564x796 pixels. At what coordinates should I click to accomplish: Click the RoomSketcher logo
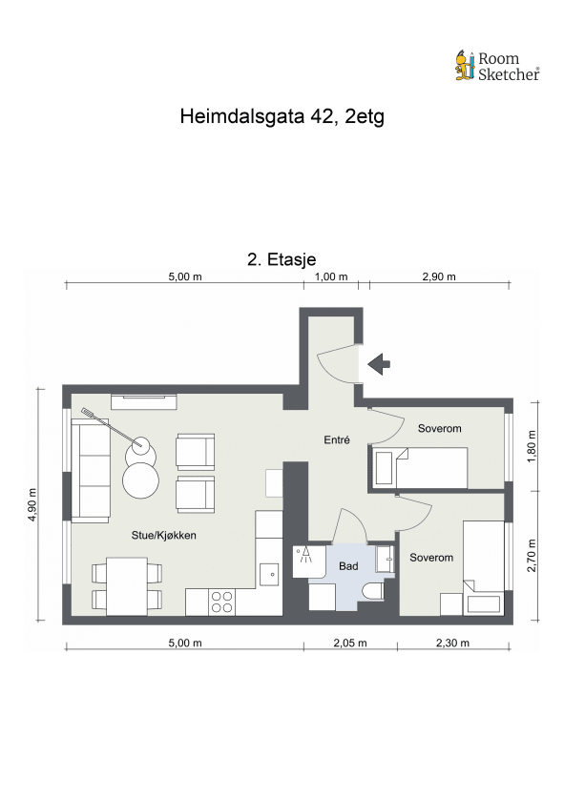496,65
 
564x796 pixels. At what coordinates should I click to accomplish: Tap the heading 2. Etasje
282,259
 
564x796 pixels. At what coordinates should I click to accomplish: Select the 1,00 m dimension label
330,277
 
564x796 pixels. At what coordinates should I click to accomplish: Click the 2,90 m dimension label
439,277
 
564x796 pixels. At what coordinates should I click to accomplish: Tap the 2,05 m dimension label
350,643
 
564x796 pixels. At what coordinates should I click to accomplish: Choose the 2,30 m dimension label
451,643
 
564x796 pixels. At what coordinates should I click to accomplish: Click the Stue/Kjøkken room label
164,536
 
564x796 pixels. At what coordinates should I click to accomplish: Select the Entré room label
337,440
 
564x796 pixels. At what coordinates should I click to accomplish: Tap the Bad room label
348,566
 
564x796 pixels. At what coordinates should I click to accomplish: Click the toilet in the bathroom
375,592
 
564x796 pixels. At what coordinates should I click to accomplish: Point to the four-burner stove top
222,601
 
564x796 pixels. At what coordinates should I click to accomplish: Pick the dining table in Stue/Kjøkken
126,586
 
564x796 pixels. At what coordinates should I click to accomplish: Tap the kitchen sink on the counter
270,574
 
